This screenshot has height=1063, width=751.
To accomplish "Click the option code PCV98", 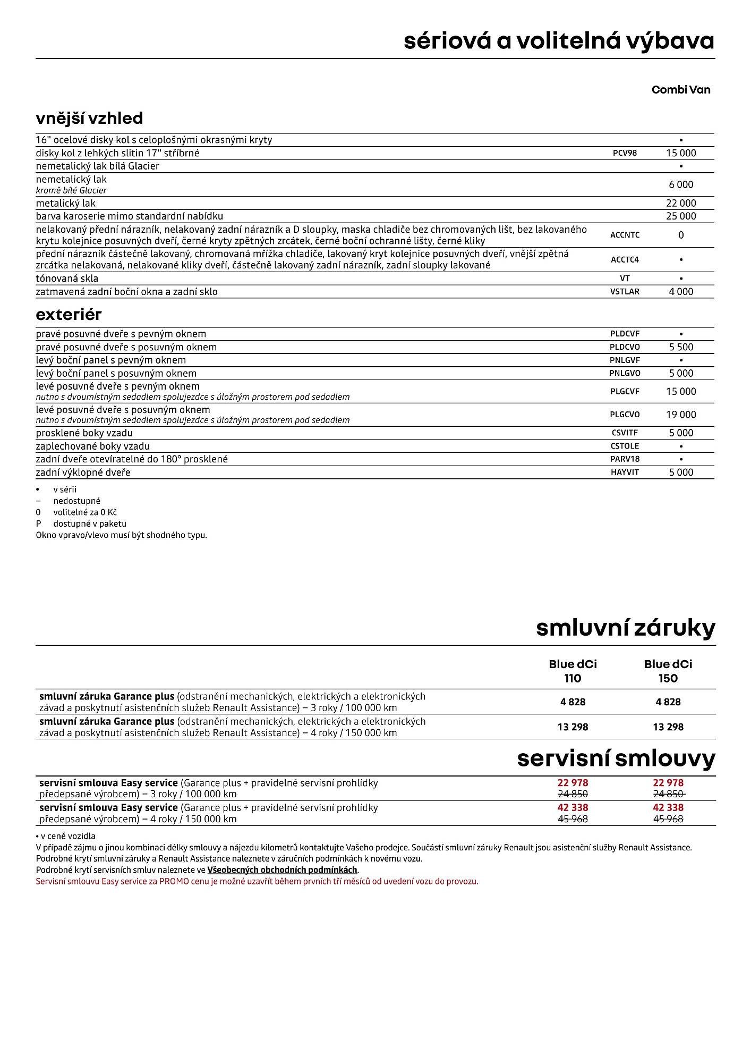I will point(625,153).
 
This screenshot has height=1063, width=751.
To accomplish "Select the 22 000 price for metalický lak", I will point(681,203).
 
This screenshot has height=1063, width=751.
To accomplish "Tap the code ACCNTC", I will point(625,235).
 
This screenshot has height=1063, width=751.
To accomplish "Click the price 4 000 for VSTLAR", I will point(681,291).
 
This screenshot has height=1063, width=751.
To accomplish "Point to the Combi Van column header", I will point(680,89).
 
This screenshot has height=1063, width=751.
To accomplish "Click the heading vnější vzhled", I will point(89,118).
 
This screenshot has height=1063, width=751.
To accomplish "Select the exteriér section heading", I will point(69,314).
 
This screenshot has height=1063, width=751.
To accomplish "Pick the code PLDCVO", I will point(625,347).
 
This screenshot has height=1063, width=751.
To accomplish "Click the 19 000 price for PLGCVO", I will point(681,415).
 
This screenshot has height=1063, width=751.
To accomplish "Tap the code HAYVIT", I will point(625,472).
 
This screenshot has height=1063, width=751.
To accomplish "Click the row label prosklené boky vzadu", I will point(84,433).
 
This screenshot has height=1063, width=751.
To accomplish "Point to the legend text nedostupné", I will point(76,501).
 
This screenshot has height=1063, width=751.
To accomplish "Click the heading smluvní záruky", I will point(625,628).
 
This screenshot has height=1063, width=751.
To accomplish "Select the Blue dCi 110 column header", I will point(573,671).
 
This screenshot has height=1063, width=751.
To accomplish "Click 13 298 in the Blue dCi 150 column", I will point(668,727).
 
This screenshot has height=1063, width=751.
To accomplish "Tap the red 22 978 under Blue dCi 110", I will point(573,782).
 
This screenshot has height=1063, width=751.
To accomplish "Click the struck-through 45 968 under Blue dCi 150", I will point(668,819).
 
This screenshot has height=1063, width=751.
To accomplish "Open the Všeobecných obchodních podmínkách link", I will point(283,870).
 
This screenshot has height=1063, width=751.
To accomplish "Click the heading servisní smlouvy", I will point(616,758).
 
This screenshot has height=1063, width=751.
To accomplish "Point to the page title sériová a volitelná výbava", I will point(559,41).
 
